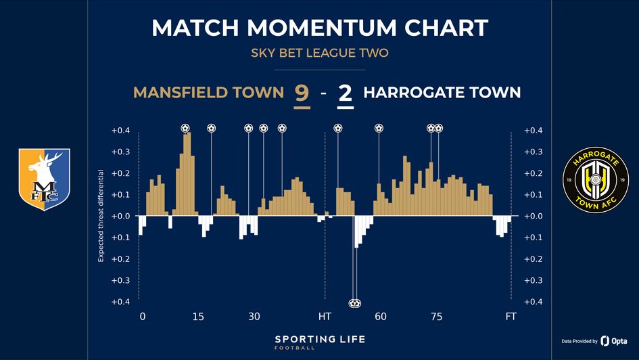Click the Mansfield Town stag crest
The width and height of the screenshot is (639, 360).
(x=44, y=179)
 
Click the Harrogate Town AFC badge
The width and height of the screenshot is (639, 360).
(x=595, y=179)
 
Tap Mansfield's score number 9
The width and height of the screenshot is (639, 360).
(x=302, y=93)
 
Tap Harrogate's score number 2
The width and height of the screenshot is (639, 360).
(x=346, y=93)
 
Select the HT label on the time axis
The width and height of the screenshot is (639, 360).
(x=325, y=317)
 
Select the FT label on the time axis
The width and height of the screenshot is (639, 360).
(x=511, y=317)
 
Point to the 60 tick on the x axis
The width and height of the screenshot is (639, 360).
(x=381, y=317)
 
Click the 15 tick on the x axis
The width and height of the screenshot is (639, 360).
(x=198, y=317)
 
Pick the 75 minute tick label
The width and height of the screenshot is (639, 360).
(x=437, y=317)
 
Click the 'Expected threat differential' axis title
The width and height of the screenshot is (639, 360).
(x=101, y=216)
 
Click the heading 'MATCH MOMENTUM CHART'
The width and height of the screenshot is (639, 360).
(x=319, y=28)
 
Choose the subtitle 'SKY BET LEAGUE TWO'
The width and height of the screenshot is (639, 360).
(x=319, y=53)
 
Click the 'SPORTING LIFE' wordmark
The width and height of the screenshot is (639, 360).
(x=319, y=338)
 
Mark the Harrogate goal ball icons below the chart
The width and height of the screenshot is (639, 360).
(x=355, y=303)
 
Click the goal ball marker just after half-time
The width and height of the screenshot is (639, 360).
(x=338, y=128)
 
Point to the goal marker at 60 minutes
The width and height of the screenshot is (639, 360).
(x=379, y=128)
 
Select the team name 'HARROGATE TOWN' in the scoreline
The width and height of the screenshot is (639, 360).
(x=442, y=93)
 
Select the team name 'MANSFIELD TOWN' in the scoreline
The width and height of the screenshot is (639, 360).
(x=208, y=93)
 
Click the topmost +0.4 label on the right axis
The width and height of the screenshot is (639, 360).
(x=533, y=131)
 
